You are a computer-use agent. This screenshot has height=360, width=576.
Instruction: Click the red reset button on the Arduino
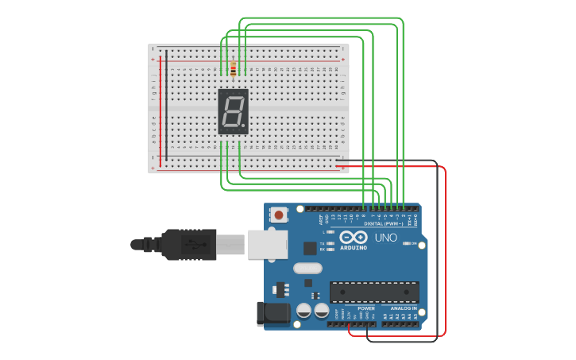pos(279,214)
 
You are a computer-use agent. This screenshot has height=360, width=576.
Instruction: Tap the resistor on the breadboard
pos(233,69)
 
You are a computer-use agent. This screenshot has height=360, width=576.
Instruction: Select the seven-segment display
pos(233,111)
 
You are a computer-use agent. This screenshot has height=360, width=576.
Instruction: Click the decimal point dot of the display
pos(244,126)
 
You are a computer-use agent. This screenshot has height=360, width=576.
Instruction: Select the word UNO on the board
pos(385,237)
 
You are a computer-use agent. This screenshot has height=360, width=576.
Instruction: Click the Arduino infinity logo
pos(353,238)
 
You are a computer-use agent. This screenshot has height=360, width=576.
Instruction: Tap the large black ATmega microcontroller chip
pos(373,292)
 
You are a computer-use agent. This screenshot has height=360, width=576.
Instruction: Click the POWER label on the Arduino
pos(365,308)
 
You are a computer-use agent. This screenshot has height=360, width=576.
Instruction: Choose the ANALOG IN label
pos(403,308)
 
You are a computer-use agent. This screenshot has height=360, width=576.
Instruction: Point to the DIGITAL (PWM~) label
pos(384,223)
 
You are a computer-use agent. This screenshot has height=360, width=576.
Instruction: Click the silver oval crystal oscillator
pos(307,268)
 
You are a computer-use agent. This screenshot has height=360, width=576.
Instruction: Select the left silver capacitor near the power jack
pos(303,311)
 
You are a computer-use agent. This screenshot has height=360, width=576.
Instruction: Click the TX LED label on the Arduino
pos(322,243)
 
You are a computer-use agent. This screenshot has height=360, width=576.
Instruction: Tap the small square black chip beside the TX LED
pos(309,248)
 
